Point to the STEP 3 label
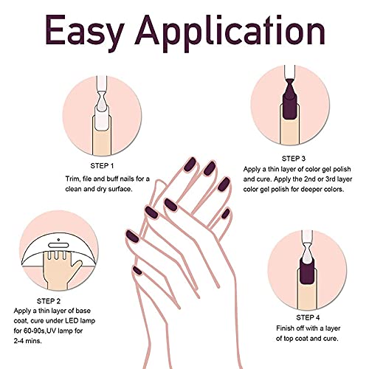click(x=292, y=157)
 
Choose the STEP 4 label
click(x=320, y=294)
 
